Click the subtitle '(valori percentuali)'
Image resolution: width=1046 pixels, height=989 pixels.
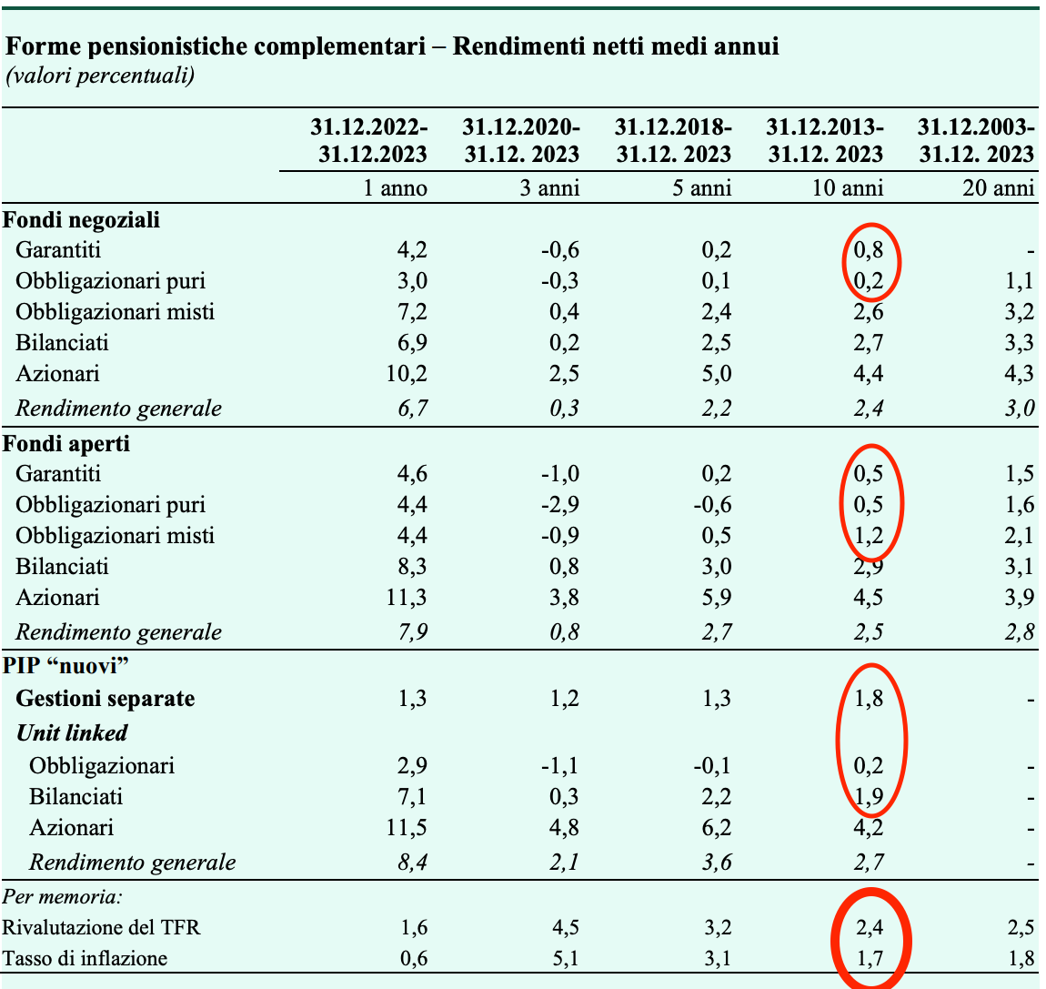(100, 76)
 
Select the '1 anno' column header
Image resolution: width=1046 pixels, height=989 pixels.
(395, 188)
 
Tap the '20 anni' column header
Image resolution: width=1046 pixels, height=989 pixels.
(998, 188)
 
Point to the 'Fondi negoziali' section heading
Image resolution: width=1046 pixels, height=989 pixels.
(81, 219)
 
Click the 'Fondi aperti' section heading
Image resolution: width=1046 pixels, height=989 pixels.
(66, 444)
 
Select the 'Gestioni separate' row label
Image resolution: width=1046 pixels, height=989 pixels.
(106, 698)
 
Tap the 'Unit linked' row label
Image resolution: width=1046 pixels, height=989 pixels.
(72, 732)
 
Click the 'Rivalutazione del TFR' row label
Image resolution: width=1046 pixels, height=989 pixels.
(101, 927)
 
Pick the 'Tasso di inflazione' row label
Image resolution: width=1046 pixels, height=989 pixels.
(85, 958)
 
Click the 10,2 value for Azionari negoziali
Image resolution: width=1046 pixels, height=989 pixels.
(407, 374)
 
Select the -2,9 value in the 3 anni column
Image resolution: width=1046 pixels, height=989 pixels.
(559, 505)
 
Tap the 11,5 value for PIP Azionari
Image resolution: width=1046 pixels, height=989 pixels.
(407, 828)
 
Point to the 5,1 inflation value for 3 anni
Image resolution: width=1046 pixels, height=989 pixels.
(564, 958)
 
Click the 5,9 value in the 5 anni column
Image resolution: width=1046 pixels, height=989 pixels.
(717, 597)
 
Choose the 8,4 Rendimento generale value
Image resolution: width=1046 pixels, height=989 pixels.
(412, 863)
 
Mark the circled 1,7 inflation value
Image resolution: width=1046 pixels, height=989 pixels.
(869, 958)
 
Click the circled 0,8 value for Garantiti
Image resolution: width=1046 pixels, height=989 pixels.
(869, 250)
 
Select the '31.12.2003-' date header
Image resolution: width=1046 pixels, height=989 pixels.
(976, 126)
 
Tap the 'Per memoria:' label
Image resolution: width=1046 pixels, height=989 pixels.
(63, 896)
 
